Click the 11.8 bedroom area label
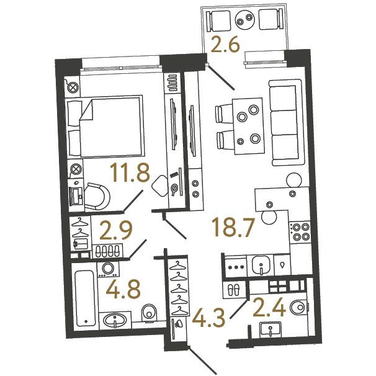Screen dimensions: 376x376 coord(130,172)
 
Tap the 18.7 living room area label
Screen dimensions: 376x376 coord(232,227)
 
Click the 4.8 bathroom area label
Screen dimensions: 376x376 coord(123,290)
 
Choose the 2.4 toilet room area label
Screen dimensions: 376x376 coord(269,308)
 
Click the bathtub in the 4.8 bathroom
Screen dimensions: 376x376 coord(85,298)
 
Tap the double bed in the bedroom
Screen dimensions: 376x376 coord(105,127)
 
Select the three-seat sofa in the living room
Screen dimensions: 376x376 coord(286,122)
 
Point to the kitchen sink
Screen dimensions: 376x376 coord(261,265)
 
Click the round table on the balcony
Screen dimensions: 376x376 coord(244,19)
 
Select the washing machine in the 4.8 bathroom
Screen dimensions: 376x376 coord(108,269)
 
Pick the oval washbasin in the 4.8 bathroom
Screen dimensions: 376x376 coord(115,320)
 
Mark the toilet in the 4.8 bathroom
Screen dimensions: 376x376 coord(149,313)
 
